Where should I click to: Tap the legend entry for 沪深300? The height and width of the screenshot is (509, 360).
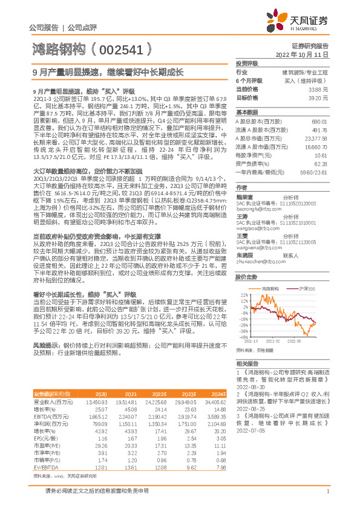pos(302,290)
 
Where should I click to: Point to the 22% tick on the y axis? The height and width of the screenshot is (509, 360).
pos(244,296)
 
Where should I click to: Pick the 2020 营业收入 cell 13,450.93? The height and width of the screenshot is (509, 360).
pos(97,401)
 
